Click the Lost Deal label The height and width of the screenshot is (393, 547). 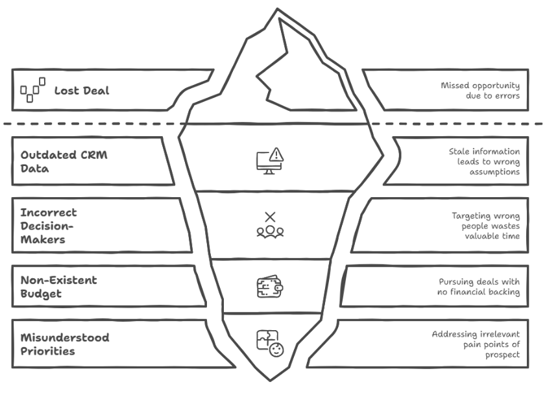click(x=81, y=90)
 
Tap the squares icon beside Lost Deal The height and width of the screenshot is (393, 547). click(x=33, y=90)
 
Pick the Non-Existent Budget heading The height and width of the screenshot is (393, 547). click(x=59, y=287)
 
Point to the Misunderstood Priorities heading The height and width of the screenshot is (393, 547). click(x=65, y=344)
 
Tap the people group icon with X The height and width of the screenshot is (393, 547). click(x=270, y=224)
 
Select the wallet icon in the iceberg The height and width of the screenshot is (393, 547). click(x=269, y=286)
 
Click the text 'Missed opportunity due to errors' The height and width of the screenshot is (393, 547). click(x=480, y=91)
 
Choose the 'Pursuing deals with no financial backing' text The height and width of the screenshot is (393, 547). click(x=479, y=287)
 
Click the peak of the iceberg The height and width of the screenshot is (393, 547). click(x=278, y=10)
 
